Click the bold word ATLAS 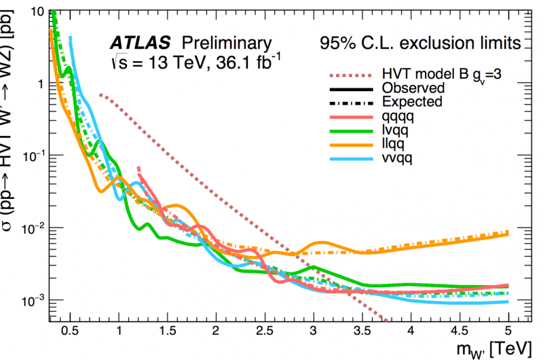pos(136,43)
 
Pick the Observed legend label pos(413,88)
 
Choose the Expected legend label pos(412,102)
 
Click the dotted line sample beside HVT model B pos(351,75)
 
